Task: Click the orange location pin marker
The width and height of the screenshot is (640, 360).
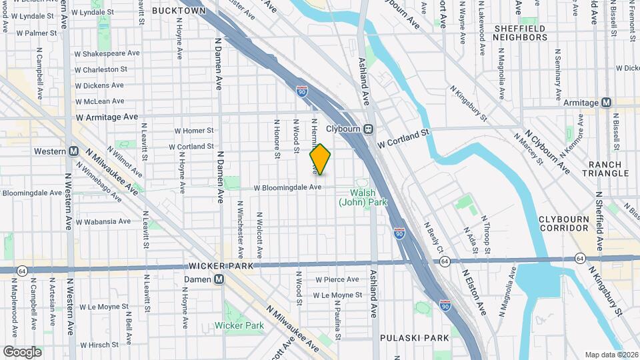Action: pos(320,159)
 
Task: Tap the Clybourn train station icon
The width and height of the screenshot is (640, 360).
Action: pos(368,129)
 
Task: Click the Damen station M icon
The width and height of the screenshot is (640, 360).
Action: pos(219,279)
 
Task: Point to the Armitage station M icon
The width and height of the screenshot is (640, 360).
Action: pos(606,102)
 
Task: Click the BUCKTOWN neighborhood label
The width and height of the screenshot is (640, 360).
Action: pos(179,11)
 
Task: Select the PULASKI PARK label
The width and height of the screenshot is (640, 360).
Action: pos(414,338)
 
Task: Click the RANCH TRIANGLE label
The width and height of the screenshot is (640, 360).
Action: pos(605,169)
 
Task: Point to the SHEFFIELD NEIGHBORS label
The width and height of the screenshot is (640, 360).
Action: pos(519,33)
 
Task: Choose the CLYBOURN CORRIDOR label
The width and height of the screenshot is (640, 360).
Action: pos(564,223)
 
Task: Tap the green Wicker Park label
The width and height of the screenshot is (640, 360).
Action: pos(239,325)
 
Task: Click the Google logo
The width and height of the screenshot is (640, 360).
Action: pos(22,352)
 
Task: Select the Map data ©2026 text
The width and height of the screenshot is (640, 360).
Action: pos(611,355)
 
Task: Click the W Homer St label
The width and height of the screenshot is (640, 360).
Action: pos(194,131)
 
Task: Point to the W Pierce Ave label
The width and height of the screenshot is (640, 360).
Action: pos(337,279)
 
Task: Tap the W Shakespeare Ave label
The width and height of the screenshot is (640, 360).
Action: pos(107,53)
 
